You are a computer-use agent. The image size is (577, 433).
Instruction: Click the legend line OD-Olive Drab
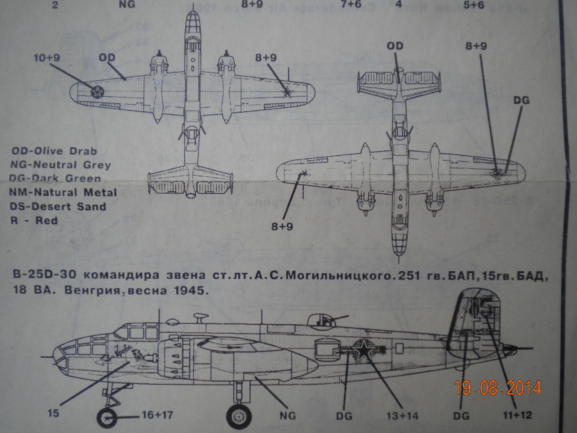click(x=54, y=151)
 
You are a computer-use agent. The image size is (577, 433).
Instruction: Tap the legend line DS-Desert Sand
click(x=58, y=207)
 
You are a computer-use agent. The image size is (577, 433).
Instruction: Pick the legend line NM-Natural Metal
click(x=63, y=192)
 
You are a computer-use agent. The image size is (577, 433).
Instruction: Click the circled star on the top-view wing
click(x=96, y=92)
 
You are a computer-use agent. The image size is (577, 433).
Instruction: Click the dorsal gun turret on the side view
click(x=320, y=320)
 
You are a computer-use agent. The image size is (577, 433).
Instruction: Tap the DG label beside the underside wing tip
click(x=522, y=100)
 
